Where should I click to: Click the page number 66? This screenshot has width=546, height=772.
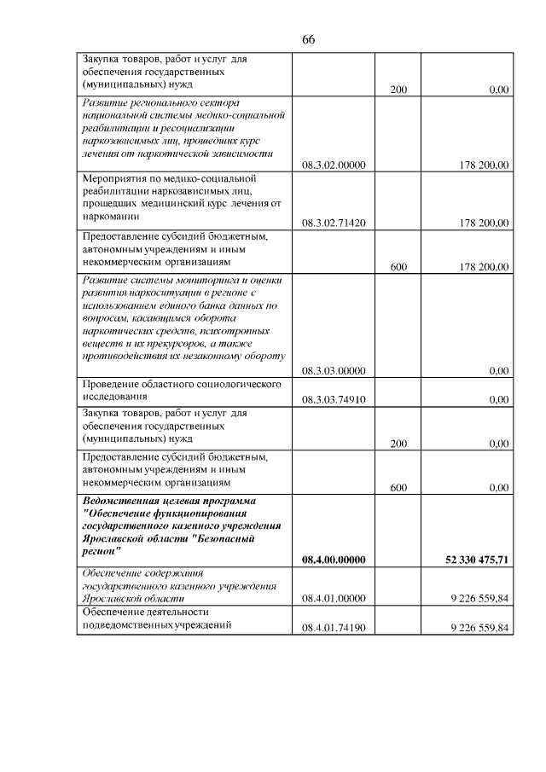(x=309, y=40)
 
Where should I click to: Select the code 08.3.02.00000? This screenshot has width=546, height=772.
(x=334, y=165)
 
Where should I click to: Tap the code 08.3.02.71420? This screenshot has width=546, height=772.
(x=334, y=223)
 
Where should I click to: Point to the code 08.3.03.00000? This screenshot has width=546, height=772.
(x=334, y=371)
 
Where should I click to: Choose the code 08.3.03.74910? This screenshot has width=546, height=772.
(x=334, y=399)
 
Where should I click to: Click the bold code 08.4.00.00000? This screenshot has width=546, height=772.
(x=334, y=560)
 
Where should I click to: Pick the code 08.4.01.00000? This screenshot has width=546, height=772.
(x=334, y=600)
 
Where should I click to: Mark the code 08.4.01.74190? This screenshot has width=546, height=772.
(x=334, y=629)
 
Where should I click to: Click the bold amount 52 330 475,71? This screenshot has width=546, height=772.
(x=477, y=560)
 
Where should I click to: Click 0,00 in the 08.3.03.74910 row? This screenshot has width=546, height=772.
(x=499, y=399)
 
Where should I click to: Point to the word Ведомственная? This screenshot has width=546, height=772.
(x=119, y=501)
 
